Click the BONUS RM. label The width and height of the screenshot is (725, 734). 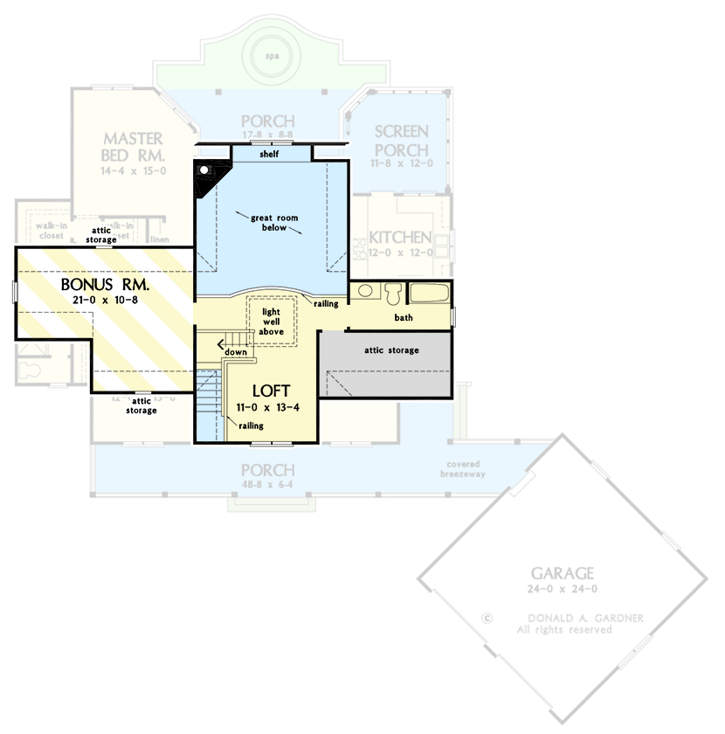(x=105, y=286)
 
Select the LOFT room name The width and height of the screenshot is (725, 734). (x=273, y=391)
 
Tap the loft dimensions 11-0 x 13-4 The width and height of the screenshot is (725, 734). (x=273, y=407)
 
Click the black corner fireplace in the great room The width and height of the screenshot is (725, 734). (x=206, y=172)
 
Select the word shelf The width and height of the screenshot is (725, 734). (x=270, y=154)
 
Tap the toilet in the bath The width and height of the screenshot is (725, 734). (x=392, y=292)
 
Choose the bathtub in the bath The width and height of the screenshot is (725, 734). (x=430, y=293)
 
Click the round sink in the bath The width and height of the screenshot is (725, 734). (x=366, y=292)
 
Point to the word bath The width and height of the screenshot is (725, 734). (x=404, y=318)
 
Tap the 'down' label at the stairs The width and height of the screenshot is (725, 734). (x=235, y=352)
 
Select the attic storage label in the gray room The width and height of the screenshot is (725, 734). (x=391, y=350)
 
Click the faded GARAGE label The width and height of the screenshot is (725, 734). (x=563, y=573)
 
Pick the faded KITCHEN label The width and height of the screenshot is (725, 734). (x=399, y=238)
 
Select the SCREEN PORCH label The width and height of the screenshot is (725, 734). (x=401, y=140)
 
